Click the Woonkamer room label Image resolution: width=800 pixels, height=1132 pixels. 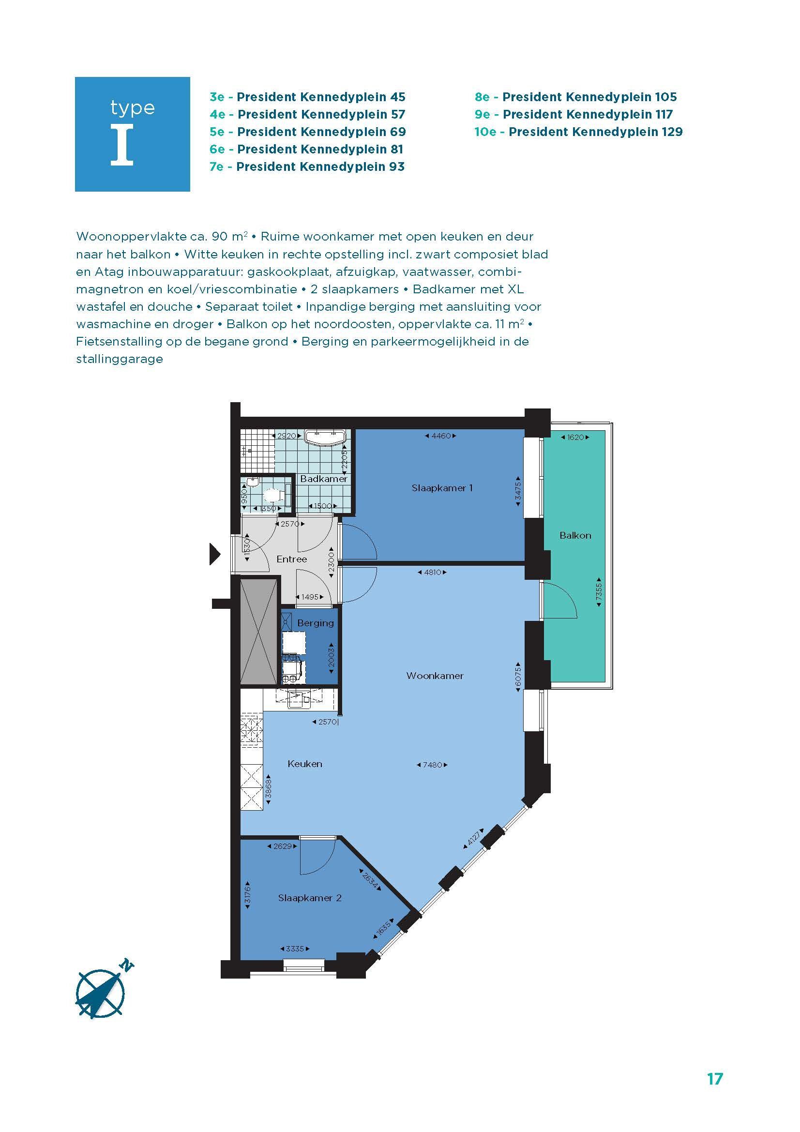tap(435, 676)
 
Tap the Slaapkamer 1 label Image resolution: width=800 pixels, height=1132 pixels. tap(442, 488)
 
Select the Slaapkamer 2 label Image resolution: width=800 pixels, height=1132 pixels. tap(310, 898)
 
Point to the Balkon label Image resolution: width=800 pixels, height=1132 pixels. tap(575, 535)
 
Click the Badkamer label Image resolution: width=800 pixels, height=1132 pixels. tap(324, 479)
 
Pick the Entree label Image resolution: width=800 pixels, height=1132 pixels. tap(292, 559)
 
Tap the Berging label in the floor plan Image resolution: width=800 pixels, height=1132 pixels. tap(316, 623)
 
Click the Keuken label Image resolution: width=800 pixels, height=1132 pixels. tap(304, 764)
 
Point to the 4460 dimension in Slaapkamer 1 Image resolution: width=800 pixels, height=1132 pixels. tap(441, 436)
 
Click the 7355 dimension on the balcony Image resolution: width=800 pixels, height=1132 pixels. tap(599, 592)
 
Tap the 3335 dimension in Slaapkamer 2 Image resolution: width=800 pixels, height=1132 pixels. tap(295, 949)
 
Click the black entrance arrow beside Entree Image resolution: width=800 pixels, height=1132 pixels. tap(215, 554)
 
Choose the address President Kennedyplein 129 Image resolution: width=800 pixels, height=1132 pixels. tap(595, 132)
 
